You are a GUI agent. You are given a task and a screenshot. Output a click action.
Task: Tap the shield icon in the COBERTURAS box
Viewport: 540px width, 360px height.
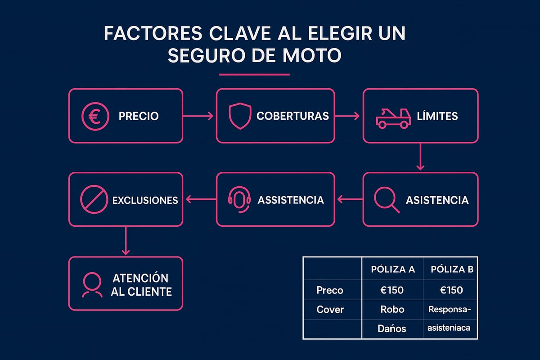239,116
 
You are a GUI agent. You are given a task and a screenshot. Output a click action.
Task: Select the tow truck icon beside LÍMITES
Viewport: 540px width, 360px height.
392,117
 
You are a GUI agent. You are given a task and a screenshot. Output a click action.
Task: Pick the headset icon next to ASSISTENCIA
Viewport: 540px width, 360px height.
239,199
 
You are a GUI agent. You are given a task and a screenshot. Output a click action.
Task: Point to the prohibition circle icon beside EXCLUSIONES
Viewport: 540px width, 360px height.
93,199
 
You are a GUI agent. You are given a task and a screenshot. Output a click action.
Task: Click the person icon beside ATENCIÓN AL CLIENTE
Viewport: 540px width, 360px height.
92,284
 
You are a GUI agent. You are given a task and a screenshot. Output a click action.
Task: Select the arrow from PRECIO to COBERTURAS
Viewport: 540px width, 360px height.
199,116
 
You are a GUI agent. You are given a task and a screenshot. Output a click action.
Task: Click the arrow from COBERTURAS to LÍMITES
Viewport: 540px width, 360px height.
347,116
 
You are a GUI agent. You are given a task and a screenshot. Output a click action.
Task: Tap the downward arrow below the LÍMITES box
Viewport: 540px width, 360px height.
420,157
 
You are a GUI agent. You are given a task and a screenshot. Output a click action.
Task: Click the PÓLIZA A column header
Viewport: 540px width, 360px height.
393,270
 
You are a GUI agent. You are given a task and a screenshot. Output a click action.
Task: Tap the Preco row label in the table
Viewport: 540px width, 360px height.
330,290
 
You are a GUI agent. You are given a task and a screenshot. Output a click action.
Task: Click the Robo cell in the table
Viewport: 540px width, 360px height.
392,310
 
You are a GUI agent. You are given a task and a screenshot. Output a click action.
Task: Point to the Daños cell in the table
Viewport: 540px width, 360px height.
392,329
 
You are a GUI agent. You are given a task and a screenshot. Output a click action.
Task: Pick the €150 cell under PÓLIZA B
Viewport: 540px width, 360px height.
452,290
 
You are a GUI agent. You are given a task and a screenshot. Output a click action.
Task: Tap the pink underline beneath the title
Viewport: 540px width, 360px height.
254,74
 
